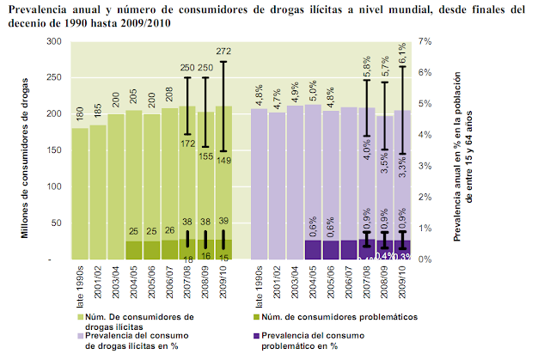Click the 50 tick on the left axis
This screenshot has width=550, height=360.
pos(52,223)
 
